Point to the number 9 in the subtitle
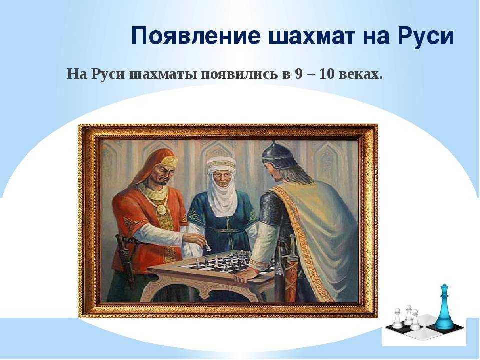tap(299, 74)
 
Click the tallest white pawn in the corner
tap(408, 315)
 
